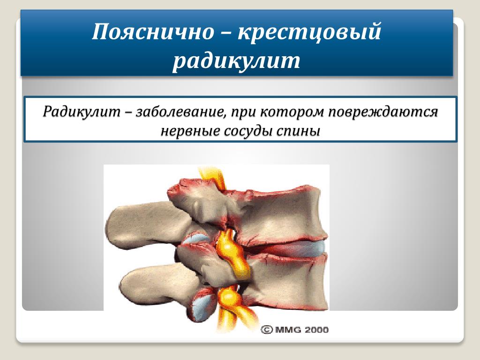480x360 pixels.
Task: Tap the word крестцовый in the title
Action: tap(310, 31)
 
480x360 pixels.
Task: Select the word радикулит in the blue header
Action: tap(236, 60)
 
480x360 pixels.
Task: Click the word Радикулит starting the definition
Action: tap(82, 112)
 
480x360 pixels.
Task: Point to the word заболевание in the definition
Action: tap(179, 112)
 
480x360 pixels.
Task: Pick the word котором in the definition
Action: tap(293, 112)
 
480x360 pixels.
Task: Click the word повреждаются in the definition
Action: tap(383, 112)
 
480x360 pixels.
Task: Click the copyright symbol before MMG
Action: tap(267, 330)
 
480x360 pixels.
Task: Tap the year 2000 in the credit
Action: tap(316, 330)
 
